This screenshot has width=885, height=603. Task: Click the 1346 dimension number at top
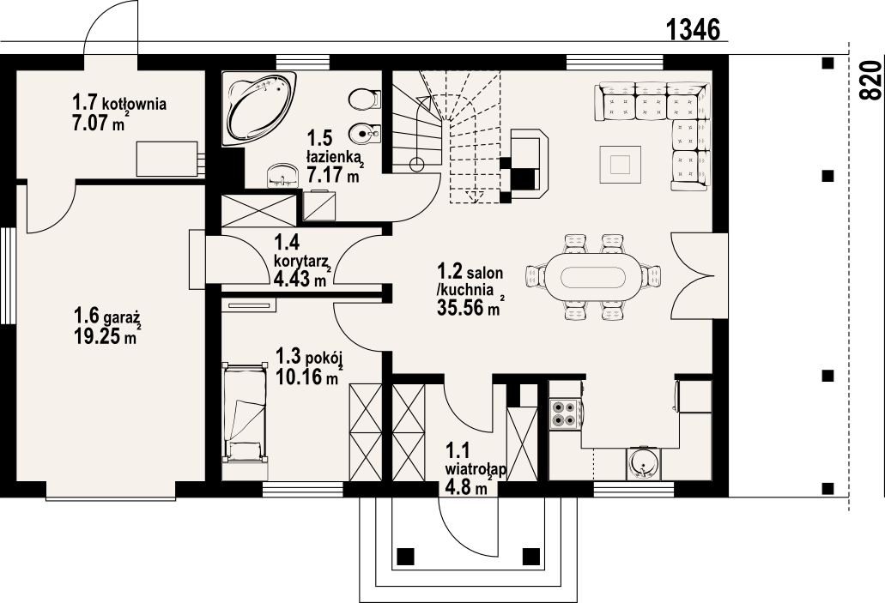[693, 29]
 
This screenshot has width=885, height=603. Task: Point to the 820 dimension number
[871, 80]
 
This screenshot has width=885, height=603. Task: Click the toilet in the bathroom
[363, 99]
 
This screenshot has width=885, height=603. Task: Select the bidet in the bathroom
[364, 136]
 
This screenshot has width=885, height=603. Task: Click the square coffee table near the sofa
[621, 164]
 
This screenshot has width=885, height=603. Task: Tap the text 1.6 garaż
[106, 315]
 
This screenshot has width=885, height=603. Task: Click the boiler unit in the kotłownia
[169, 159]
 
